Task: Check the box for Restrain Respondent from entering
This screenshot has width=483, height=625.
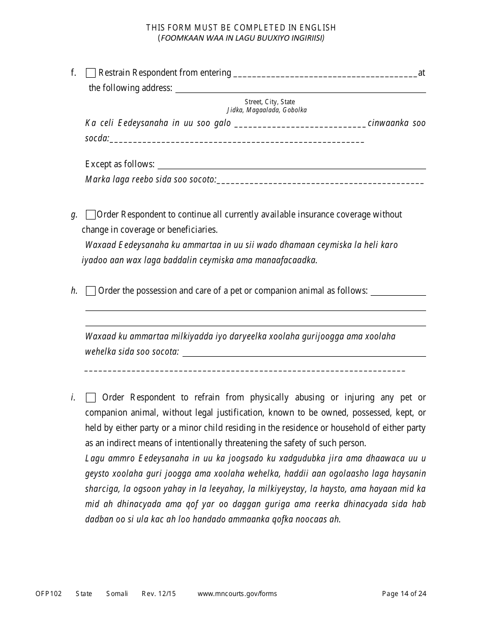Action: pos(91,73)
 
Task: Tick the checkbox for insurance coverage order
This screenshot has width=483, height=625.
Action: pos(91,214)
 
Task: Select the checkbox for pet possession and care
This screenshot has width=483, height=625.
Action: pos(91,291)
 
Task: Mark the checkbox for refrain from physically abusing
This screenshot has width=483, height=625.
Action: pos(91,397)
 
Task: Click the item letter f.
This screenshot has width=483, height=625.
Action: pos(74,73)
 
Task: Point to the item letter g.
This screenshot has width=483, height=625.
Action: pos(74,214)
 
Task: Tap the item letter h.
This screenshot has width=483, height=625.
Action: pos(74,291)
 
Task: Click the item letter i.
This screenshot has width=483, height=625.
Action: pos(73,397)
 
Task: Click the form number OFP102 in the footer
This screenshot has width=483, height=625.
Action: pos(49,593)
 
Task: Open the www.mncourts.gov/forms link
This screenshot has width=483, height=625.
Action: pos(237,593)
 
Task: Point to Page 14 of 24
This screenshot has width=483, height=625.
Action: pos(404,593)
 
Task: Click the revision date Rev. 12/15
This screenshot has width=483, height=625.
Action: pos(159,593)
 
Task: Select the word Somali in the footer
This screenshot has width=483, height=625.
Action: pos(117,593)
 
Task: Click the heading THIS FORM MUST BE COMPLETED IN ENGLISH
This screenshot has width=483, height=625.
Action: pos(241,27)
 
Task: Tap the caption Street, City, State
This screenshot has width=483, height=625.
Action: pos(269,102)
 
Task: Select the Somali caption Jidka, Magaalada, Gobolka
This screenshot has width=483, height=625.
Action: pos(266,110)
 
